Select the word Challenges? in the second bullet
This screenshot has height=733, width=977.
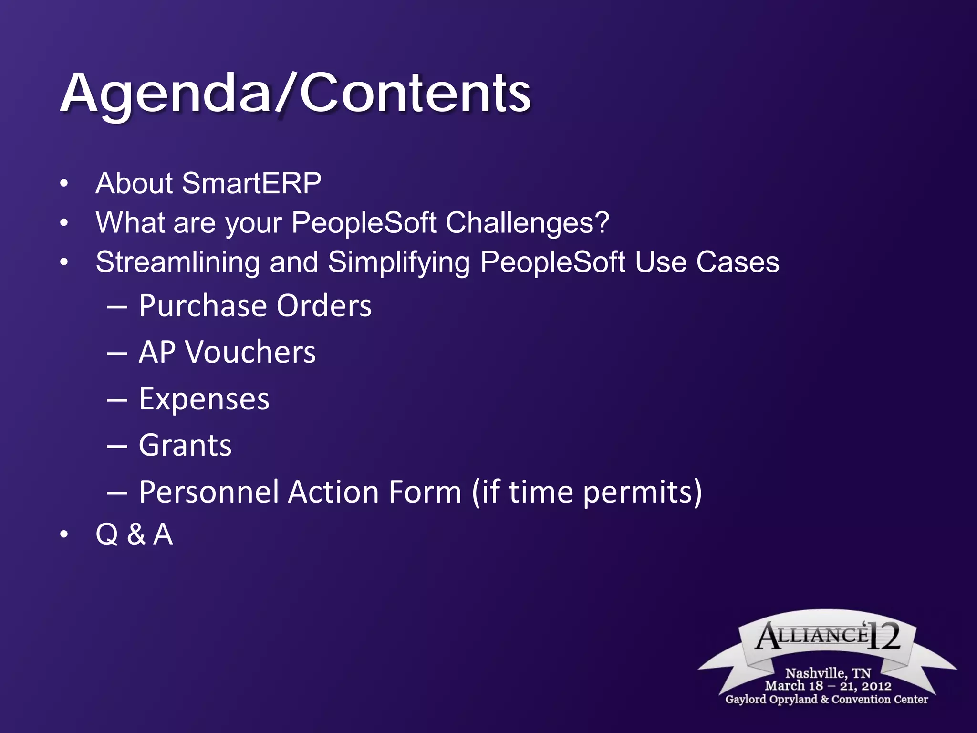(x=527, y=223)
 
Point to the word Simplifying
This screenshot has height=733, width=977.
(x=398, y=262)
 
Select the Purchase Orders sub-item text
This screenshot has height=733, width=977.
(x=255, y=306)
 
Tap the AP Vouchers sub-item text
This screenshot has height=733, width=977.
(x=227, y=353)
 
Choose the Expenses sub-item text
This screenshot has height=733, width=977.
(x=204, y=399)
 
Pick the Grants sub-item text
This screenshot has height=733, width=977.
(x=185, y=446)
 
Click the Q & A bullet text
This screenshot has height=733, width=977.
(x=134, y=534)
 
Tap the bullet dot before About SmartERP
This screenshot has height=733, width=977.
(x=64, y=184)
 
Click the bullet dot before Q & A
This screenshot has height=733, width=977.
(x=64, y=535)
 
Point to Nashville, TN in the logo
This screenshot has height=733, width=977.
(x=828, y=673)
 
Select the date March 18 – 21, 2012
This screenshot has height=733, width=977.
(x=828, y=686)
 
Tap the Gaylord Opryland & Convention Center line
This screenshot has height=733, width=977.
(x=826, y=699)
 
